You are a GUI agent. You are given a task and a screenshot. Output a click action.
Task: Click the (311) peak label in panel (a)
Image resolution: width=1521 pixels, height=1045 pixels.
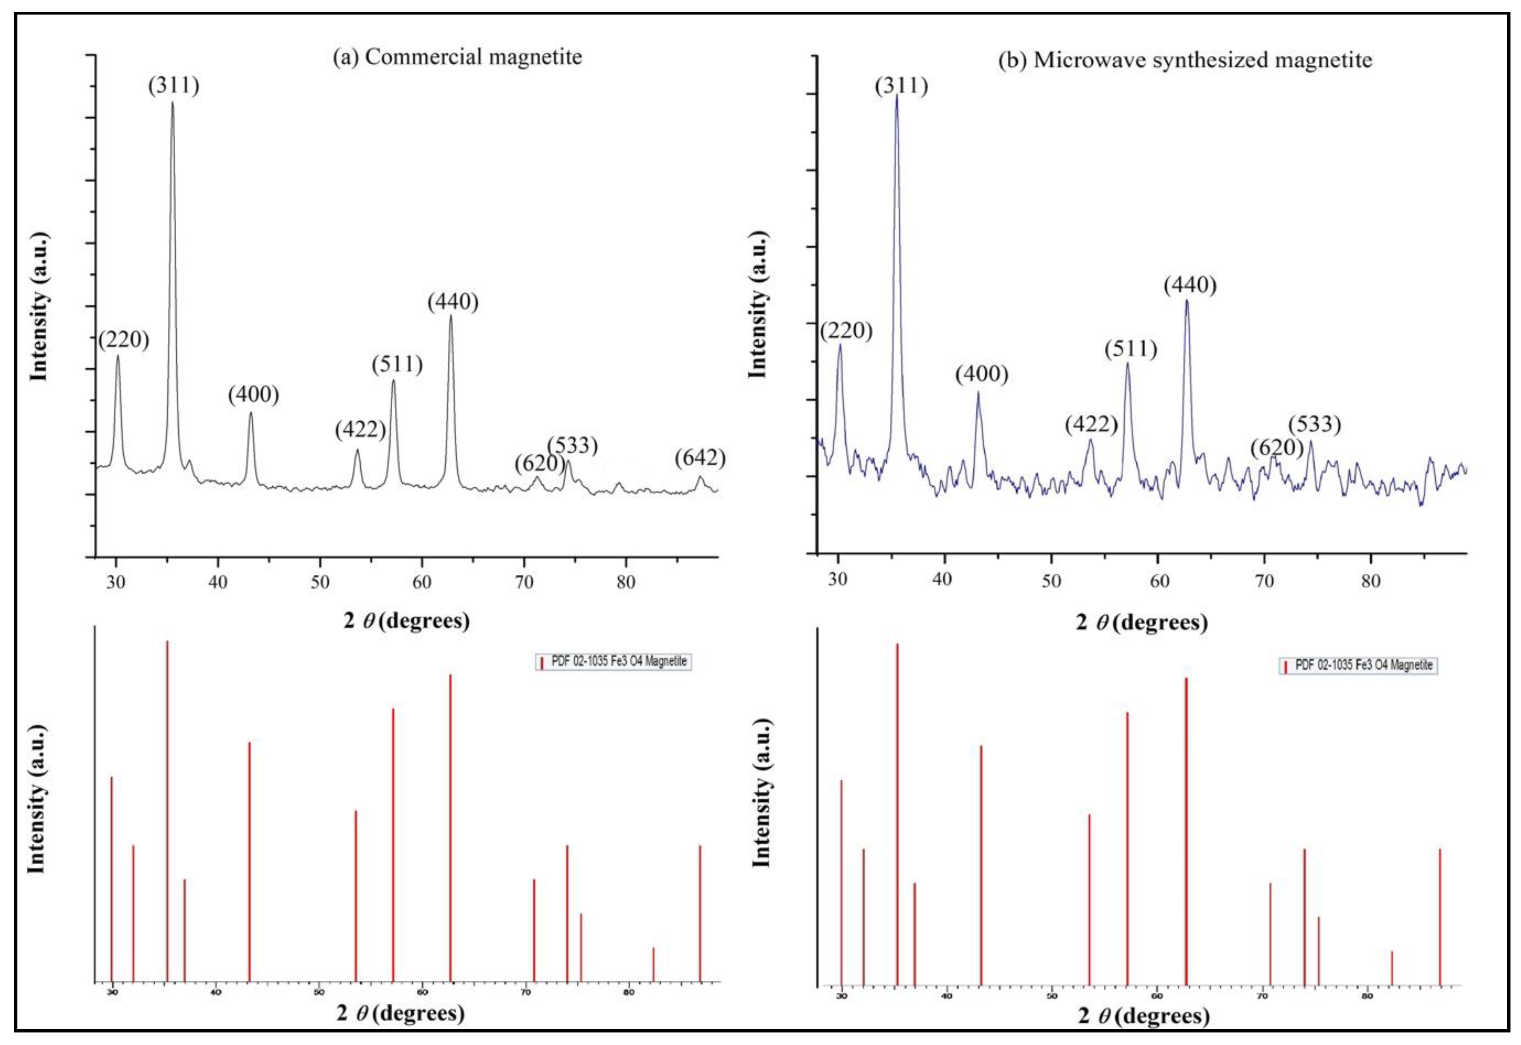pyautogui.click(x=173, y=86)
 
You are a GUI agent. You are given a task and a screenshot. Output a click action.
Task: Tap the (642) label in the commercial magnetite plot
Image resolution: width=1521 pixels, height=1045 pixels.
pyautogui.click(x=700, y=458)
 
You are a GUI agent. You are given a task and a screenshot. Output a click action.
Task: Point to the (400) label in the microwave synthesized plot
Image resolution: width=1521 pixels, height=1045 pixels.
pyautogui.click(x=981, y=374)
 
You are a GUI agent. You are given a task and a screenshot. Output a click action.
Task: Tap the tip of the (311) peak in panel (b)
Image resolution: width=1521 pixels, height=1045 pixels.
pyautogui.click(x=896, y=95)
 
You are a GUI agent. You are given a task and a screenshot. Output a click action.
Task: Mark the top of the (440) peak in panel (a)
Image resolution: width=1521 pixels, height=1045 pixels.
pyautogui.click(x=451, y=316)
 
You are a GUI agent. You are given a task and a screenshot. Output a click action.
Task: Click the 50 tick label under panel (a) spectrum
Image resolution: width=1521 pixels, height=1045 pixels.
pyautogui.click(x=319, y=582)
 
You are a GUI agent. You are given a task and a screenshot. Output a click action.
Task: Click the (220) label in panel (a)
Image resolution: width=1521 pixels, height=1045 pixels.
pyautogui.click(x=124, y=340)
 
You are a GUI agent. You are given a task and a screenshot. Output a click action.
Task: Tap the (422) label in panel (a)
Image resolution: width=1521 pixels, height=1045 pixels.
pyautogui.click(x=360, y=430)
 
